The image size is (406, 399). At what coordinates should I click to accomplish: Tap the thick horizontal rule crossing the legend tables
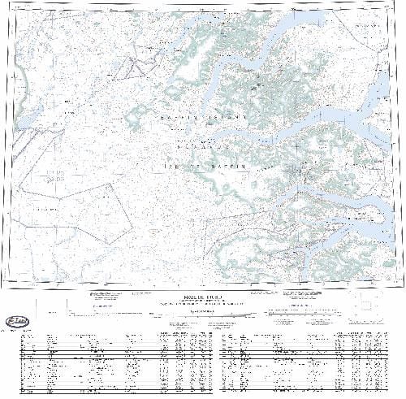point(203,353)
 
